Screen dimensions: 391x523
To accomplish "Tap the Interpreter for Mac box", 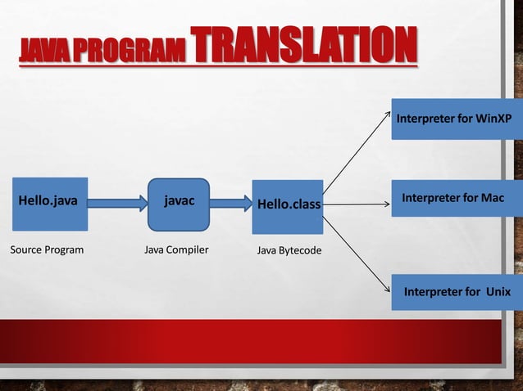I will [x=454, y=199].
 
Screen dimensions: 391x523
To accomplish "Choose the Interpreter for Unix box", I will [x=454, y=292].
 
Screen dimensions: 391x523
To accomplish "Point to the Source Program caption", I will [x=47, y=249].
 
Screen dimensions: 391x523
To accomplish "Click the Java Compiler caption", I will [x=176, y=249].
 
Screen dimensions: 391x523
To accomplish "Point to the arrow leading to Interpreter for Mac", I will [x=357, y=195].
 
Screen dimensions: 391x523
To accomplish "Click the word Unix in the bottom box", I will [x=497, y=292].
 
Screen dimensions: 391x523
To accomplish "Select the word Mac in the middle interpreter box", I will [x=491, y=199].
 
